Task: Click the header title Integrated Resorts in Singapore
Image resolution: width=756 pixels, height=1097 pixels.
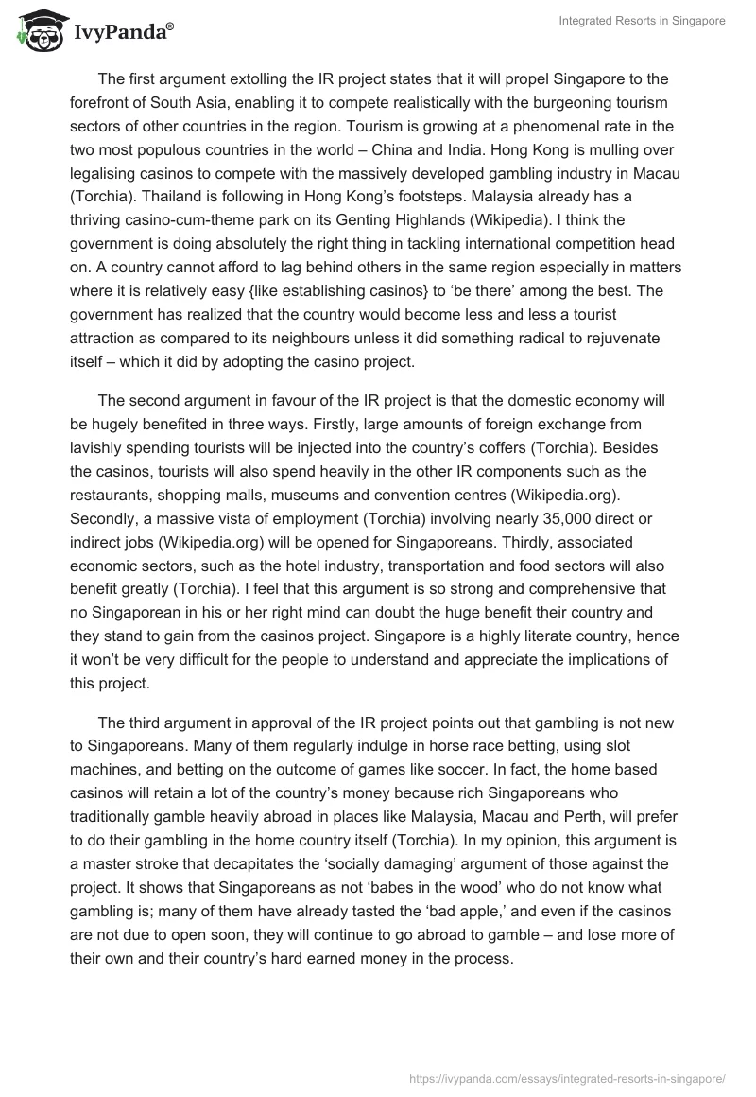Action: [644, 21]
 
